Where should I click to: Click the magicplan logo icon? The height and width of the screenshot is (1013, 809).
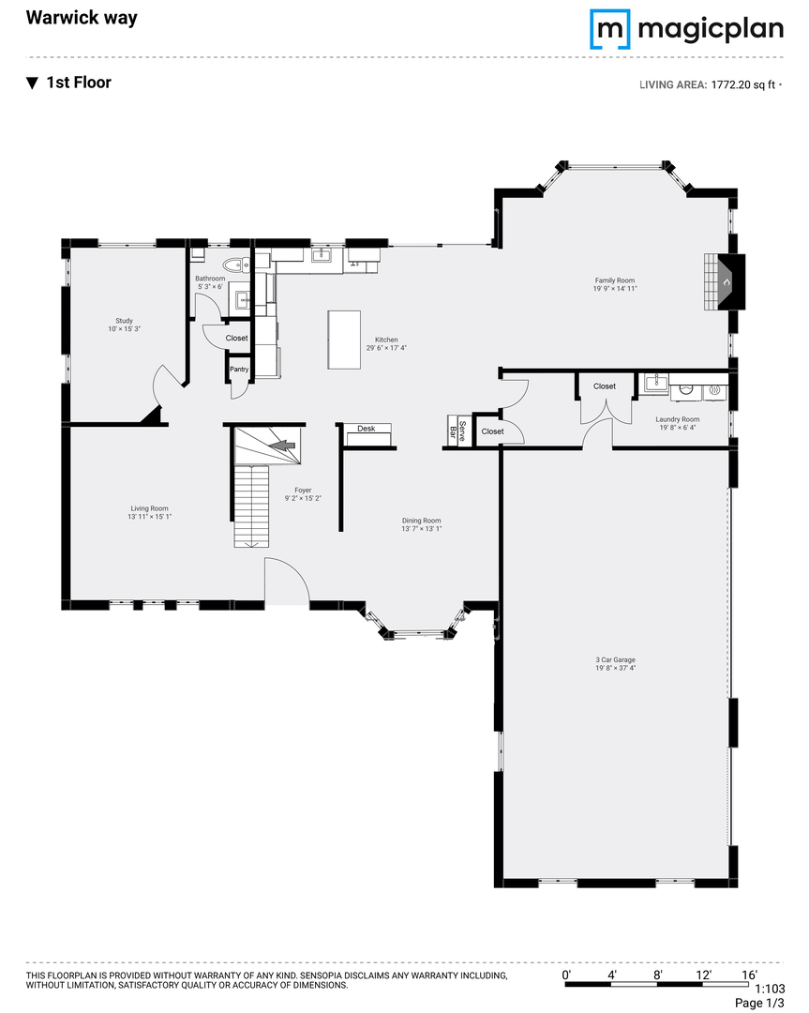[x=609, y=29]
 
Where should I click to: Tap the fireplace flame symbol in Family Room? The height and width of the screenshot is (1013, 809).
[x=727, y=282]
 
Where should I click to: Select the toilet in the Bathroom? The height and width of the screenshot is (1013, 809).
[x=237, y=265]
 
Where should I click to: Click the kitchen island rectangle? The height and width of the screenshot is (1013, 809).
[x=343, y=340]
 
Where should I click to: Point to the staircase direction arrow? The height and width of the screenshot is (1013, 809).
[x=281, y=446]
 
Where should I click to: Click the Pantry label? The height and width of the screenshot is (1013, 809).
[x=239, y=370]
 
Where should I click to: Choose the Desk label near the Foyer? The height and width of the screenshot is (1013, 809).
[x=367, y=429]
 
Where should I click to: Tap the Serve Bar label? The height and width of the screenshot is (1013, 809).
[x=457, y=431]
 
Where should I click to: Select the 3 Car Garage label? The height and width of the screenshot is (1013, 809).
[x=615, y=659]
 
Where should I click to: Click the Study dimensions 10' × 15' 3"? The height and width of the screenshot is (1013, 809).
[x=124, y=329]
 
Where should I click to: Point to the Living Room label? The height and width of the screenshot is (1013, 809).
[x=149, y=508]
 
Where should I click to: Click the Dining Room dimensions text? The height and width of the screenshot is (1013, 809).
[x=422, y=528]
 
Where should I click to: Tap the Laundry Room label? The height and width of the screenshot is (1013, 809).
[x=677, y=419]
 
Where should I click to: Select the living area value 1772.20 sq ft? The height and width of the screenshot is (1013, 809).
[x=743, y=84]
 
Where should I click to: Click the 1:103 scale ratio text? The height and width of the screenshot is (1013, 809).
[x=770, y=989]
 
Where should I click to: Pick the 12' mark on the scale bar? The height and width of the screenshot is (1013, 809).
[x=703, y=975]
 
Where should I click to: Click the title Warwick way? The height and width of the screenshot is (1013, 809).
[x=82, y=18]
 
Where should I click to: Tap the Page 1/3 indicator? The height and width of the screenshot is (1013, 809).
[x=759, y=1004]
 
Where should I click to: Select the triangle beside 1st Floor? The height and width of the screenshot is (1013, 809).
[x=32, y=83]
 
